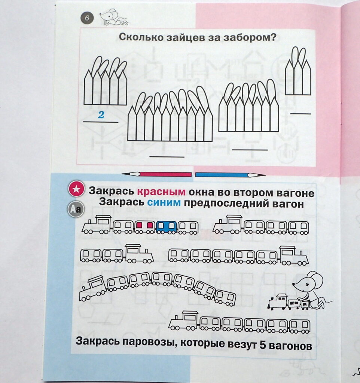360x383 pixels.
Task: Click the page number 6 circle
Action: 87,18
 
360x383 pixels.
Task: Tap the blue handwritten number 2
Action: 101,114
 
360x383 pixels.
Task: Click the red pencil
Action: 156,174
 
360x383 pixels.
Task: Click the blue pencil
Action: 231,175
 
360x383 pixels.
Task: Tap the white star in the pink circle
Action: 76,189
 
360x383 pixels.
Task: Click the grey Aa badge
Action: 76,209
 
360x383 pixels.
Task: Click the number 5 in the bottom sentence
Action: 262,345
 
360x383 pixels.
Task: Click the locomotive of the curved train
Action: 93,288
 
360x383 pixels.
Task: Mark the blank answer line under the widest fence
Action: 167,157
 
